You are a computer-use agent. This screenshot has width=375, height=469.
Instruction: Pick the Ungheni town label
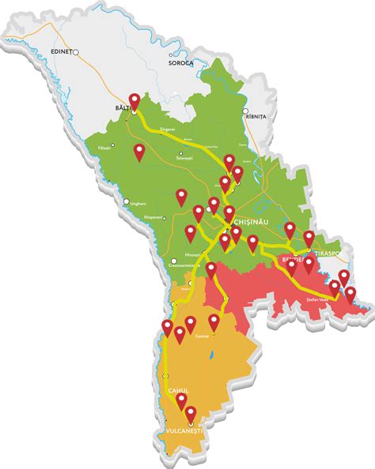[x=138, y=204]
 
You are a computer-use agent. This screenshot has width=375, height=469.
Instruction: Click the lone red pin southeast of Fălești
[x=140, y=152]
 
